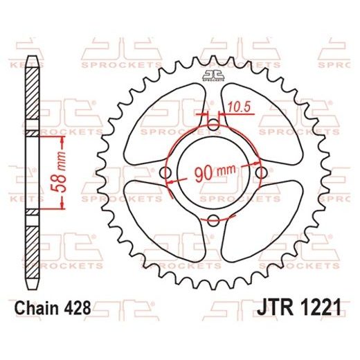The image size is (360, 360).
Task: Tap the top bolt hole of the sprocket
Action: [x=213, y=125]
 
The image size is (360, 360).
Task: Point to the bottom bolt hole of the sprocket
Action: [x=213, y=220]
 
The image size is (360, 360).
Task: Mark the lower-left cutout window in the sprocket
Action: [x=161, y=222]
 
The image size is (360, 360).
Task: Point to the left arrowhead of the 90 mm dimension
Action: [x=172, y=177]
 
